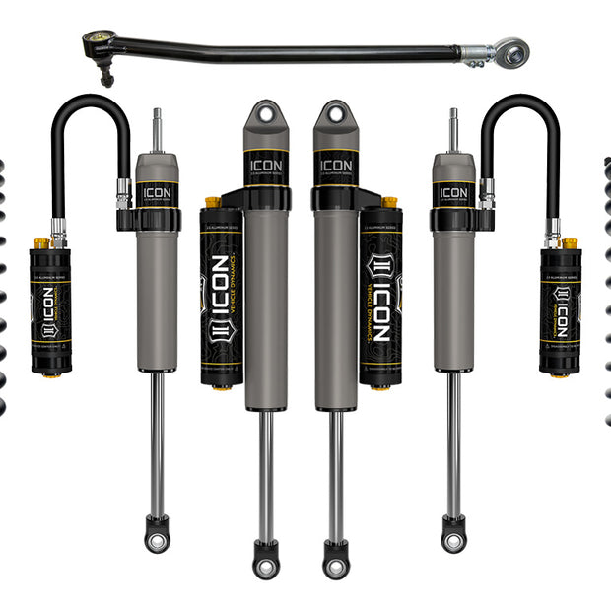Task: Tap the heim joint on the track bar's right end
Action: pos(511,49)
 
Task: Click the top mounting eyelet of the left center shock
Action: pos(265,114)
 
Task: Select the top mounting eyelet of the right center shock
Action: pos(335,114)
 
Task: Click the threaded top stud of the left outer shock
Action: pos(156,129)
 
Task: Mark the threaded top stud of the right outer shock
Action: pos(453,129)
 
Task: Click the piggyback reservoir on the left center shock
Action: pos(221,296)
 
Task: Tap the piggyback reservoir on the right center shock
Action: pos(380,296)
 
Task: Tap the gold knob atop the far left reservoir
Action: pos(41,242)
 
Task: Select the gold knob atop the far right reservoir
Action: pos(569,242)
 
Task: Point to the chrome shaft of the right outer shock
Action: pos(453,443)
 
